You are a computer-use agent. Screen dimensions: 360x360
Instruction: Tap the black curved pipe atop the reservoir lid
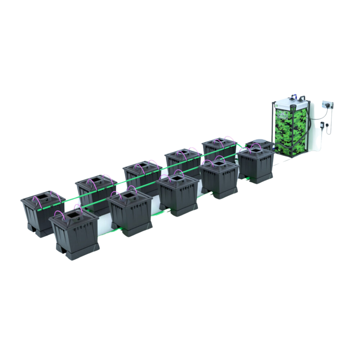[x=301, y=98]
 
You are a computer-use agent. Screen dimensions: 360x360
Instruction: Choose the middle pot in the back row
[x=142, y=173]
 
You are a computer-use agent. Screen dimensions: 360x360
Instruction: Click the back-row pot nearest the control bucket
[x=218, y=148]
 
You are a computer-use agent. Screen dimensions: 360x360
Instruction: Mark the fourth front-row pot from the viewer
[x=220, y=177]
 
